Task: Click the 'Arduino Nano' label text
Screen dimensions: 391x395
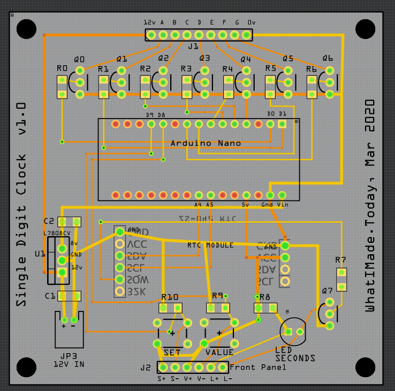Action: (206, 143)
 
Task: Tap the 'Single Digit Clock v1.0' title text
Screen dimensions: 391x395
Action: (21, 205)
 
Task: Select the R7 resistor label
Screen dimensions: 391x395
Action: (340, 260)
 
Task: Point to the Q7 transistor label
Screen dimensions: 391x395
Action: (328, 291)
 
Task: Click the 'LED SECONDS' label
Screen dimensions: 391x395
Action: (295, 354)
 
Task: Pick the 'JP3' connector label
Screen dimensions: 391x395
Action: (69, 356)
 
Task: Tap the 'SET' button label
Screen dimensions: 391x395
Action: (172, 353)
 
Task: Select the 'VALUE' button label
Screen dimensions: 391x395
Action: (219, 353)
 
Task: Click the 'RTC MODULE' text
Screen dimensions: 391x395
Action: (210, 245)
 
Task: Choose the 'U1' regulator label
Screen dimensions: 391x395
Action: (40, 254)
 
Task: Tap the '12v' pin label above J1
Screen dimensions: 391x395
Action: (149, 23)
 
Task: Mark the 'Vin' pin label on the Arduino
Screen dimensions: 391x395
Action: (283, 205)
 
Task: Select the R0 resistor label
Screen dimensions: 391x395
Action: (62, 69)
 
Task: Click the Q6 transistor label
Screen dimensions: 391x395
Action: (328, 58)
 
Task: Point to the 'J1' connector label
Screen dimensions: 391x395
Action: (193, 46)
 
